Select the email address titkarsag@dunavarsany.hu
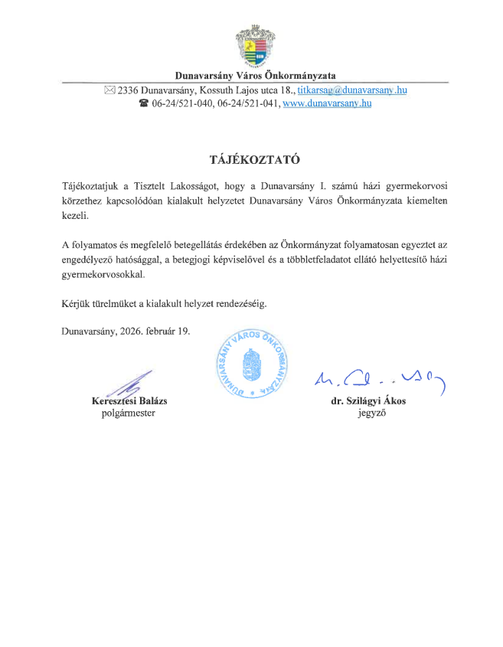[351, 90]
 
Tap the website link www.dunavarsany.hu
[327, 103]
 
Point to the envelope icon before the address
[109, 90]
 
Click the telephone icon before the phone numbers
[143, 103]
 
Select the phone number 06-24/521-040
[180, 103]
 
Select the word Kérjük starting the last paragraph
[77, 303]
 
